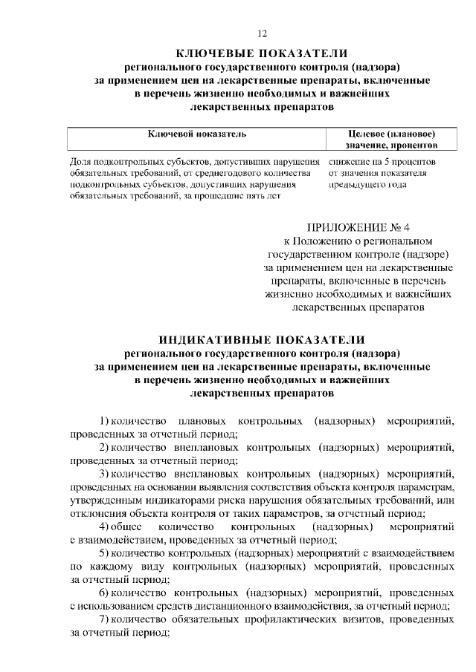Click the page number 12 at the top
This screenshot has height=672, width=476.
click(262, 33)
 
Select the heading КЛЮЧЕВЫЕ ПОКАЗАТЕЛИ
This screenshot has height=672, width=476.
click(262, 53)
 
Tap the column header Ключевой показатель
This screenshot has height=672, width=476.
click(196, 134)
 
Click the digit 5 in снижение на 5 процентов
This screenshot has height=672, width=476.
click(386, 161)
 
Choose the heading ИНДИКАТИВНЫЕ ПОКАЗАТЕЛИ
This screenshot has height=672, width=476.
click(262, 338)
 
